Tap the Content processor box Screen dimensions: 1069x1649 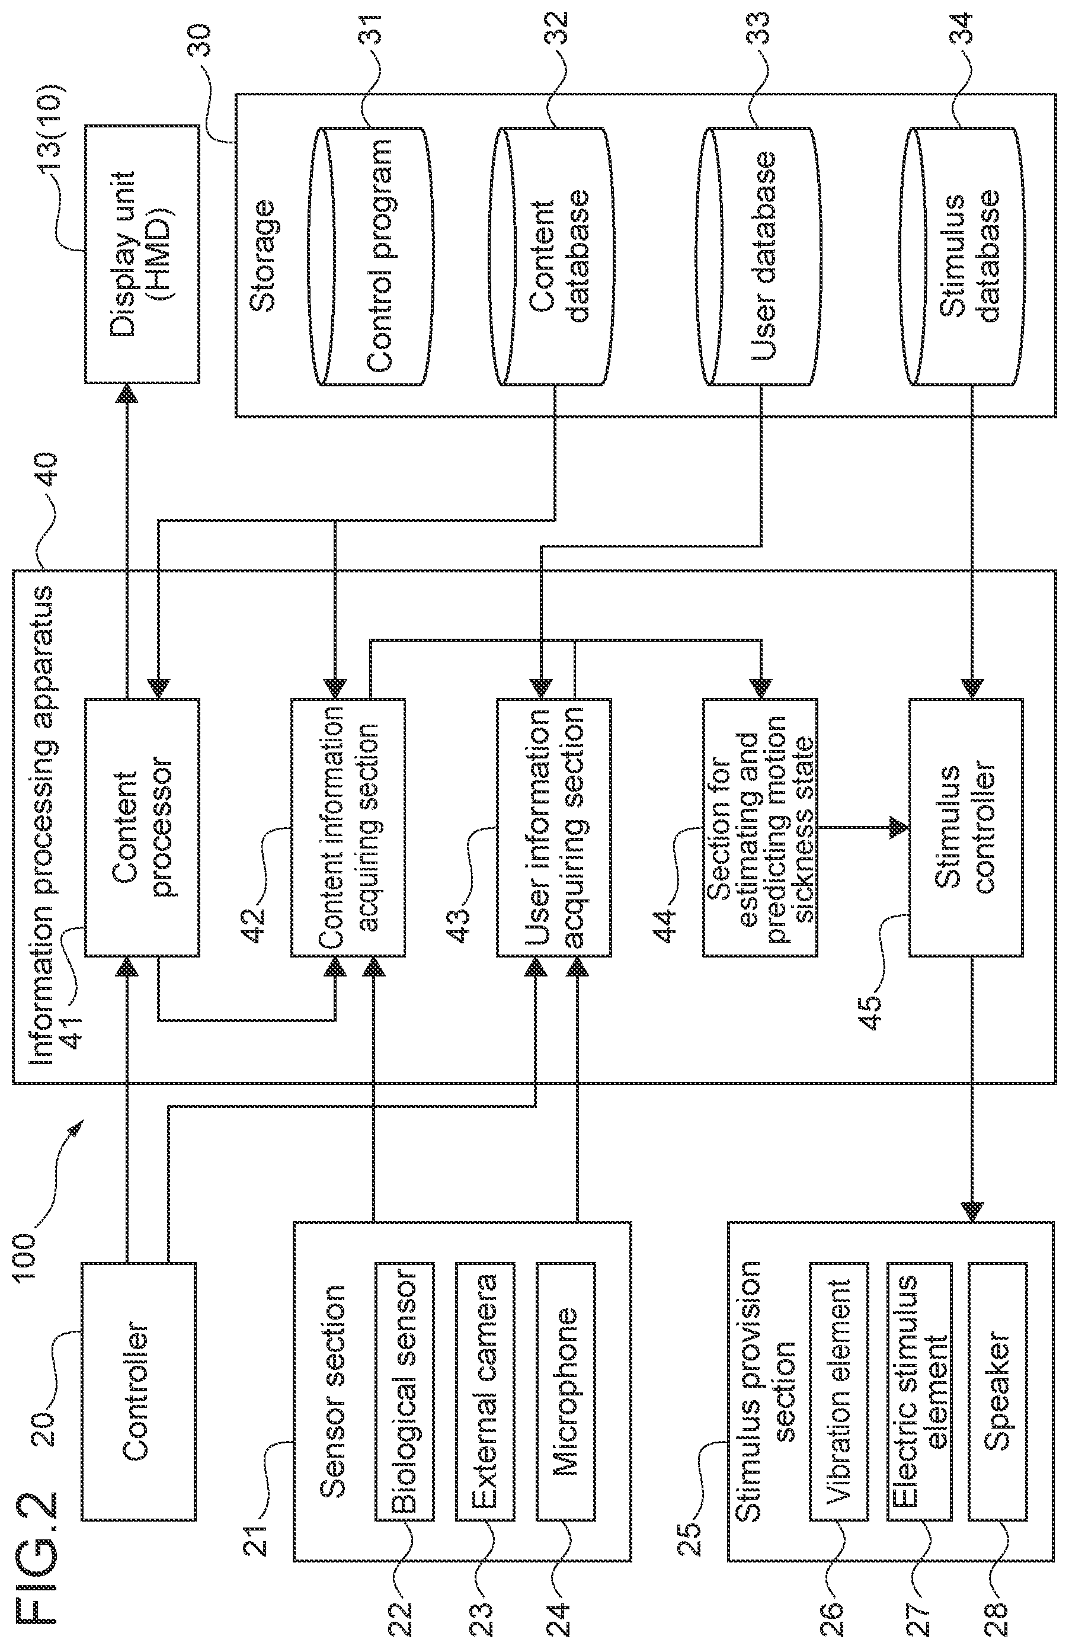click(x=142, y=827)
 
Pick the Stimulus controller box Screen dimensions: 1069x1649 click(x=966, y=827)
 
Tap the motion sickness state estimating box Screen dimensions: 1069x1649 click(x=760, y=827)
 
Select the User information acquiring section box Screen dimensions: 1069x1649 click(x=553, y=827)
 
